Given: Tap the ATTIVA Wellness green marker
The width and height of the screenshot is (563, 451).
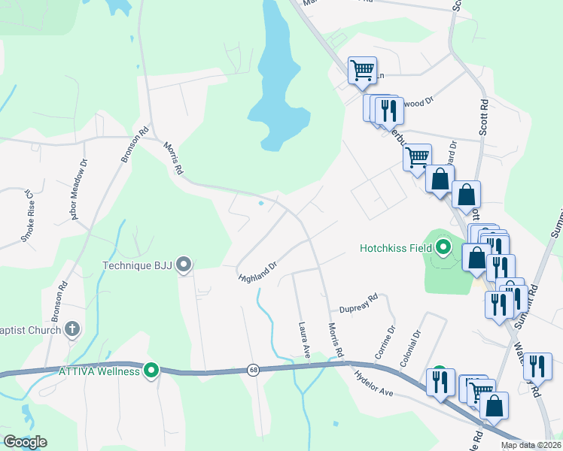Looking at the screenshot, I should pos(151,371).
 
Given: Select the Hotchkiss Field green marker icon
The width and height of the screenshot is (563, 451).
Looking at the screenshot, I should pos(443,247).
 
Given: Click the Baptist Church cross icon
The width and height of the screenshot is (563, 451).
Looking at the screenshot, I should pos(72,328).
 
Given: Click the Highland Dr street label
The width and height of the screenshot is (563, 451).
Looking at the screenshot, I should pos(258,271).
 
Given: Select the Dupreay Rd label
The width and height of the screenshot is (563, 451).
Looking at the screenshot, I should pos(358,304).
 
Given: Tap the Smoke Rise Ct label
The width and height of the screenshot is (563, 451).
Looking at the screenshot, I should pos(27,216).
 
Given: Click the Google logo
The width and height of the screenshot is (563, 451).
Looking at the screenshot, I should pos(24,442).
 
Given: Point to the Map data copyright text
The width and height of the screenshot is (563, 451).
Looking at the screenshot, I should pos(530,445).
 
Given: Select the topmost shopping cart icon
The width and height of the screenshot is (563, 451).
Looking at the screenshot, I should pos(362,71).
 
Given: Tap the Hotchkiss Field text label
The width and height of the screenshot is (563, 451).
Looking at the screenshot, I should pos(396,247).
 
